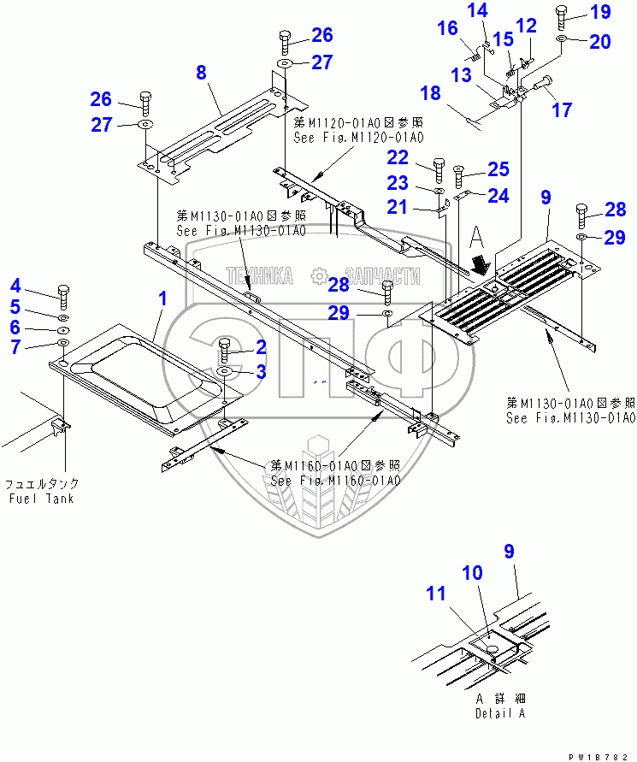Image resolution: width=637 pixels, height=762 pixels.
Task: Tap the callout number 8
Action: pyautogui.click(x=201, y=73)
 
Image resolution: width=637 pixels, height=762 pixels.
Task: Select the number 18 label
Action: pyautogui.click(x=430, y=93)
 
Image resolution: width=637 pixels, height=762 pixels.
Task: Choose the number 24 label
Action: pyautogui.click(x=498, y=196)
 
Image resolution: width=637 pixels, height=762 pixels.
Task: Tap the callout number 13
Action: pyautogui.click(x=462, y=75)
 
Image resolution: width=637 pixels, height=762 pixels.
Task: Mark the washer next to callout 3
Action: pyautogui.click(x=225, y=373)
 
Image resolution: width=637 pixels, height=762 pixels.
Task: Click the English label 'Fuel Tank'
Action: pyautogui.click(x=42, y=499)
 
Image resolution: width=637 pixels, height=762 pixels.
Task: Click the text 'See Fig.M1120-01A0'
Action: pyautogui.click(x=358, y=137)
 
